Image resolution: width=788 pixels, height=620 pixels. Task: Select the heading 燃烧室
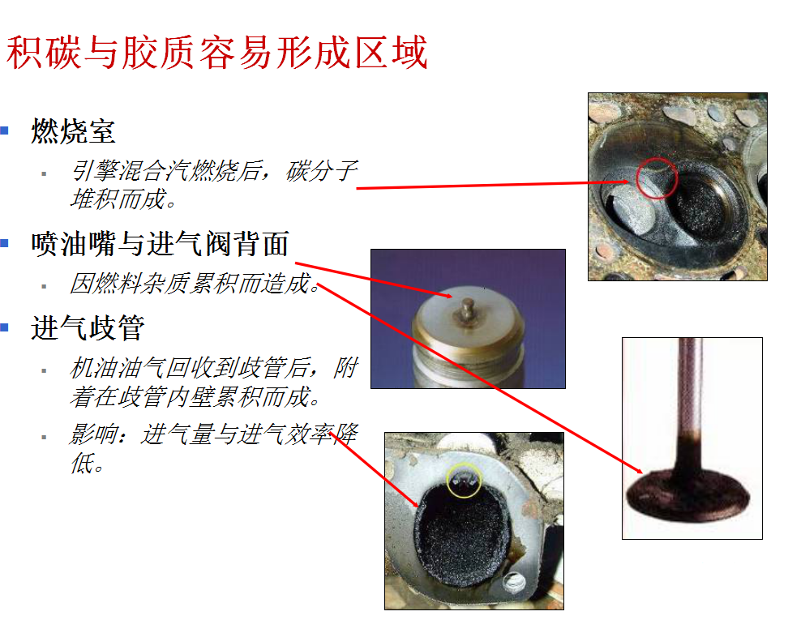coord(73,131)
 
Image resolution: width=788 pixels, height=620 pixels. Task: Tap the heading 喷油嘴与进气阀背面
coord(160,244)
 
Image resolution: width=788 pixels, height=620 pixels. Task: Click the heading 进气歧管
coord(88,328)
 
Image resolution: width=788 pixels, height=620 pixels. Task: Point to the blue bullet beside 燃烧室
coord(5,130)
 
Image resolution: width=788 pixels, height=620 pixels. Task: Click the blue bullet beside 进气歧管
coord(5,327)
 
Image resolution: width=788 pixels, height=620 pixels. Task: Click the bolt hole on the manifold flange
coord(514,582)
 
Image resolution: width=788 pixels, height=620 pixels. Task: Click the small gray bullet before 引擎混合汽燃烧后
coord(44,173)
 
